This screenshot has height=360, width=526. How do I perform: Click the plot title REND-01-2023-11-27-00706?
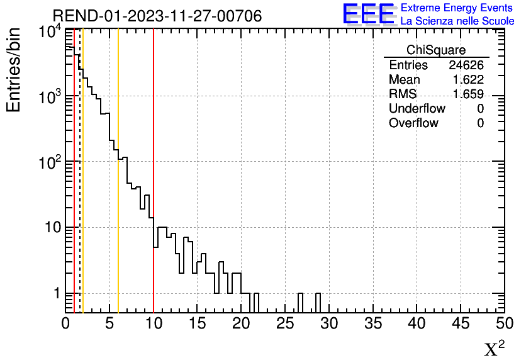[157, 16]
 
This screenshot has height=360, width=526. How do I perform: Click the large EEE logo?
[369, 14]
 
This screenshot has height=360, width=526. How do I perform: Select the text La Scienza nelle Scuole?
[457, 21]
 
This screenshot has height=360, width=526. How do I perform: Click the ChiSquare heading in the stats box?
[436, 50]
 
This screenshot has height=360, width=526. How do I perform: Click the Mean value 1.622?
[468, 80]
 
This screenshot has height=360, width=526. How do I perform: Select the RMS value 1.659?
[468, 94]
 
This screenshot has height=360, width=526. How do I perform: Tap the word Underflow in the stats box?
[417, 109]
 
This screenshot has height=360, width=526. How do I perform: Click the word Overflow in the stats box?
[413, 123]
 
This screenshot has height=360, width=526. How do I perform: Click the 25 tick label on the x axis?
[285, 324]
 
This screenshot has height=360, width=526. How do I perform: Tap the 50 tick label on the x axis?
[504, 324]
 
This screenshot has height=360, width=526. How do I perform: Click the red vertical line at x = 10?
[154, 126]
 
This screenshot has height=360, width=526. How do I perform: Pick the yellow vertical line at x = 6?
[118, 94]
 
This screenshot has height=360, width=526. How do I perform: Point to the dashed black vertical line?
[80, 189]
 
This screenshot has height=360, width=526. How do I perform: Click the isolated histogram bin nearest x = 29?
[318, 303]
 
